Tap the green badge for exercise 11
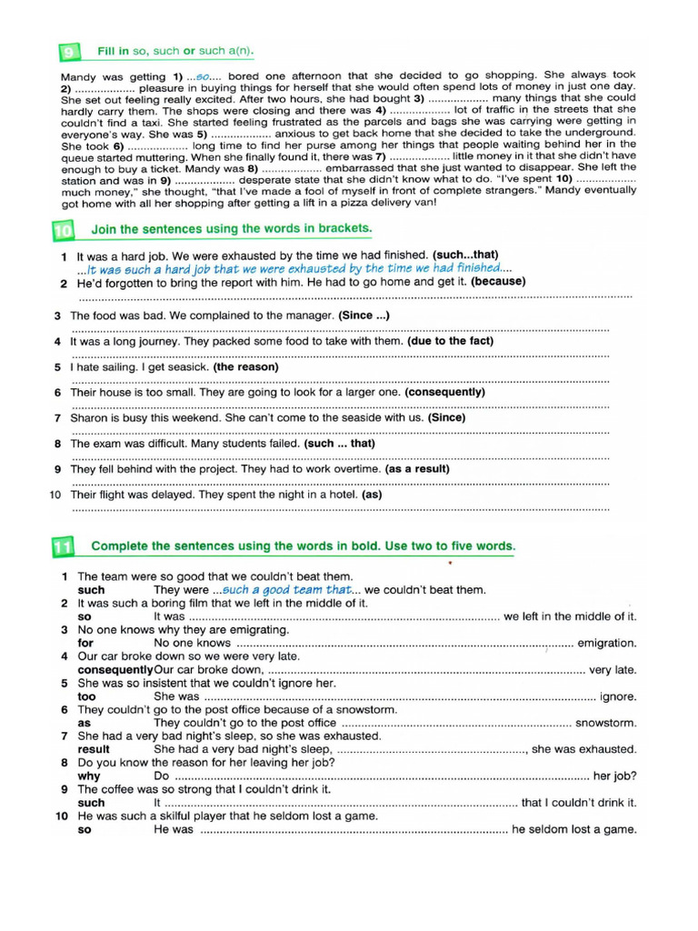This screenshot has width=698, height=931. click(64, 547)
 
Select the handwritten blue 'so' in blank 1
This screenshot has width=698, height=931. click(204, 75)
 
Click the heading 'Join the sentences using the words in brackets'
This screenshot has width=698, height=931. click(232, 227)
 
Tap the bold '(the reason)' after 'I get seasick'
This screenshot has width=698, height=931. click(245, 367)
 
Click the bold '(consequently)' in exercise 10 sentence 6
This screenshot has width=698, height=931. click(444, 392)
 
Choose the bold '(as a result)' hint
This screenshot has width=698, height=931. click(422, 469)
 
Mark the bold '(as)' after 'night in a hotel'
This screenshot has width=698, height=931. click(372, 496)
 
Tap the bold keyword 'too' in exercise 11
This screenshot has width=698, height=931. click(87, 696)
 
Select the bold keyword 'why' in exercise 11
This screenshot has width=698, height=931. click(89, 776)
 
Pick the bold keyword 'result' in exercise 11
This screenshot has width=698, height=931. click(94, 750)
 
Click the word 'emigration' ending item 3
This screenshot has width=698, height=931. click(607, 643)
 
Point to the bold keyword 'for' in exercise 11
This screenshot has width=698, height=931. click(86, 643)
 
